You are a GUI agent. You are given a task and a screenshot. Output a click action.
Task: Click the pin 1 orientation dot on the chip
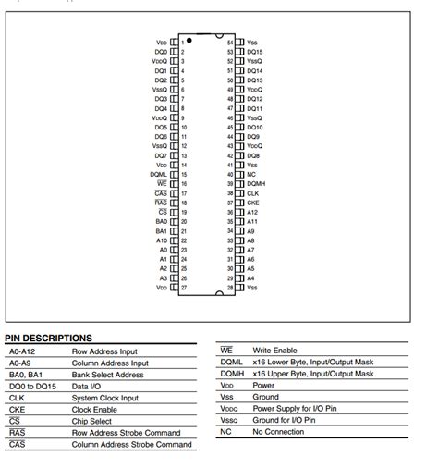coord(189,40)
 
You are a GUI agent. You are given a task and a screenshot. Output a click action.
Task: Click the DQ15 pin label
coord(255,53)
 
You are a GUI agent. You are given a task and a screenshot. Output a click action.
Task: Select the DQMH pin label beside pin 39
coord(257,183)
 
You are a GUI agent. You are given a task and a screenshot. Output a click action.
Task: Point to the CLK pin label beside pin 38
coord(252,192)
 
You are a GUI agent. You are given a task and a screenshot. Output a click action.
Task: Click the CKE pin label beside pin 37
coord(252,203)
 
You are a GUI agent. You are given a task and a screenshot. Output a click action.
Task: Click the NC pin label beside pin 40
coord(251,174)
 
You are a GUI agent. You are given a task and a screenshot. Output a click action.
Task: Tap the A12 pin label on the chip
coord(251,212)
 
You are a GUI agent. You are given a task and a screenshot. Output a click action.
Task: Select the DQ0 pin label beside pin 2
coord(161,52)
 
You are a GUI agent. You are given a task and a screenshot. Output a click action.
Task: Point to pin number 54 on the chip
coord(230,43)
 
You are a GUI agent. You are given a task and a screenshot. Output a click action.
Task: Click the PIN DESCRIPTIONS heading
coord(48,339)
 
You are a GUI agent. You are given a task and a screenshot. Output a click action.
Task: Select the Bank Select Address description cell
coord(109,375)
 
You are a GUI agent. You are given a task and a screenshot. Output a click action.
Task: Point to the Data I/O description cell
coord(87,387)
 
